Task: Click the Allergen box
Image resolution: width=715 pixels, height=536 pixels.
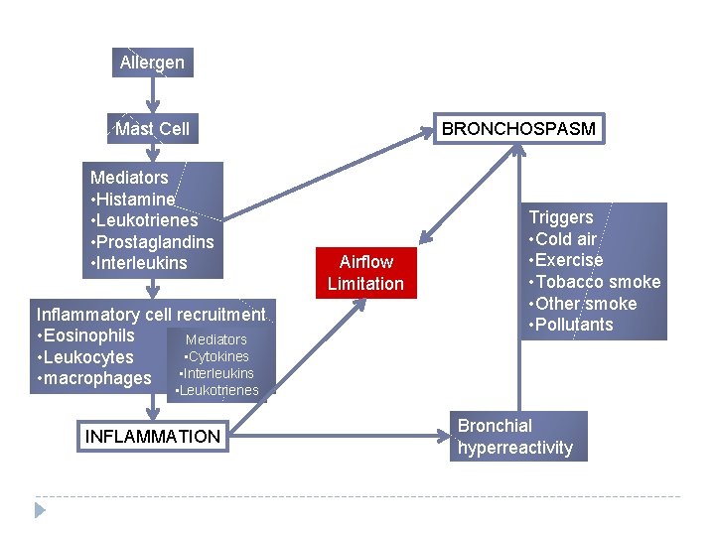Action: pos(152,63)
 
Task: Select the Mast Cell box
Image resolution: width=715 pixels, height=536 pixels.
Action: pos(152,129)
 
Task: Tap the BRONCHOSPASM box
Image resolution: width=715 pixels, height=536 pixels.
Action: pos(518,129)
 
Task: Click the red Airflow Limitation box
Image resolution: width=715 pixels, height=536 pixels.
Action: pos(365,273)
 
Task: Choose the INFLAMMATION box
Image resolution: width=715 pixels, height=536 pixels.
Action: pos(153,436)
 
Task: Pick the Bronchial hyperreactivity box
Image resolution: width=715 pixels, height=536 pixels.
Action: pos(515,437)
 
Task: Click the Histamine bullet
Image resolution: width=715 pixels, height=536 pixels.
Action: pos(133,200)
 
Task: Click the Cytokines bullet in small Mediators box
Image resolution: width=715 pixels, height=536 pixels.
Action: pos(216,357)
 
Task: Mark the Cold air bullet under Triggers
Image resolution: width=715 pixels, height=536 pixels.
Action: pos(563,239)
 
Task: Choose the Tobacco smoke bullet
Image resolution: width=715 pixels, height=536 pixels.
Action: pos(595,282)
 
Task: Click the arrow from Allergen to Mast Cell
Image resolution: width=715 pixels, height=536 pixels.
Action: pos(152,95)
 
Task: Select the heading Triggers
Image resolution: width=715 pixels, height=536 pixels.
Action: pos(561,217)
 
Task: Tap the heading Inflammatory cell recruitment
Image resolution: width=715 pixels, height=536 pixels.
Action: pos(150,315)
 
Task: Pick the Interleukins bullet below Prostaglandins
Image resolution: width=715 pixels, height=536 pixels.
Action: pos(139,264)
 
